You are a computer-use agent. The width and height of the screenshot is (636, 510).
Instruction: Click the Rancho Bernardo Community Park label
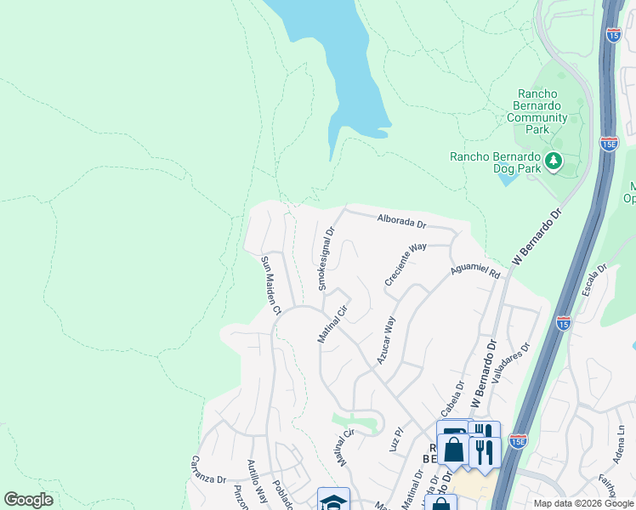click(542, 111)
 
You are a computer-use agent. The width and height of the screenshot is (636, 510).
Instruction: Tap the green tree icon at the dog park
click(554, 160)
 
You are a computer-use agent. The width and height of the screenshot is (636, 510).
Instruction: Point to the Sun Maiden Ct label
click(270, 285)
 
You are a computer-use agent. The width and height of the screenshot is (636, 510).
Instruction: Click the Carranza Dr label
click(207, 479)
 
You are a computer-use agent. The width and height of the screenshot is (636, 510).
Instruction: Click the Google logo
click(28, 500)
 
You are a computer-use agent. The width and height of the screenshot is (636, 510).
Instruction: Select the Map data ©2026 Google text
click(582, 503)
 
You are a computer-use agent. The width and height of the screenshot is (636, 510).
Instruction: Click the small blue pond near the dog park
click(507, 178)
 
